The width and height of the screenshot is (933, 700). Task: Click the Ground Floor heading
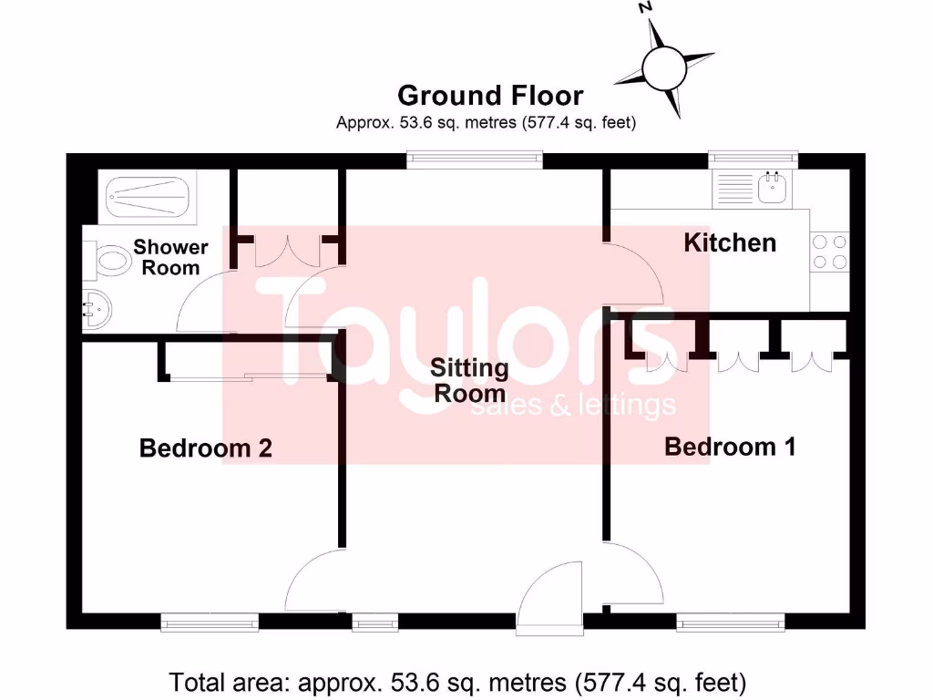point(490,95)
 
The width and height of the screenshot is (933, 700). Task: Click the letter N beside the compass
point(645,7)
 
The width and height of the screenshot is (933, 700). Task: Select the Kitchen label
point(730,242)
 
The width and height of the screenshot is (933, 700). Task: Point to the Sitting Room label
point(469,381)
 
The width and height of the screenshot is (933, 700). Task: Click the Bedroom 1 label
point(730,447)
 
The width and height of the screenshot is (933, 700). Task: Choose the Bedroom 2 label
point(205,448)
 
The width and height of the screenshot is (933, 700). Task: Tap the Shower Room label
point(170,257)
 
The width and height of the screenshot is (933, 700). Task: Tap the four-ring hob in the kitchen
point(828,252)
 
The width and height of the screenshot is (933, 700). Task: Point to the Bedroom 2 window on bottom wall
point(210,622)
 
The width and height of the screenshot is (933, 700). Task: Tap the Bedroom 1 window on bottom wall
point(730,622)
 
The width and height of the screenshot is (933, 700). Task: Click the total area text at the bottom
point(458,681)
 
